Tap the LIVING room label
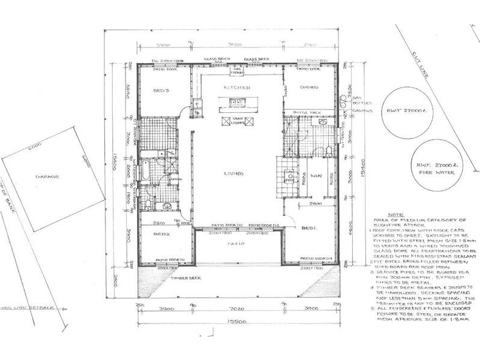click(x=234, y=174)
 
